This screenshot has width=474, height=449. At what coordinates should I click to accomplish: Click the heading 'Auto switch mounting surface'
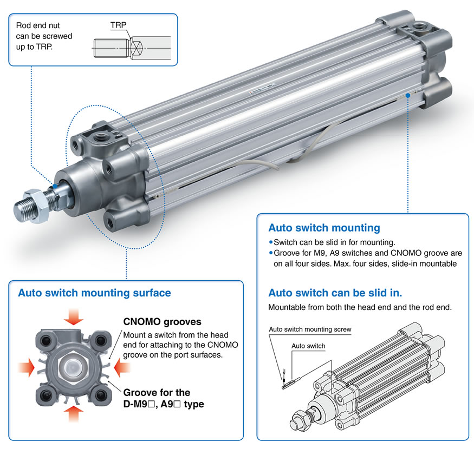coord(94,293)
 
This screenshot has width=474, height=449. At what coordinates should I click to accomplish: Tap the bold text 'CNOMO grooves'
coord(163,322)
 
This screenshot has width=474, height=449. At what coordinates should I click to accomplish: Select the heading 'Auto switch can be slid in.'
coord(335,293)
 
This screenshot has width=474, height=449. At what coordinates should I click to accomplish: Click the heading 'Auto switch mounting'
coord(324,228)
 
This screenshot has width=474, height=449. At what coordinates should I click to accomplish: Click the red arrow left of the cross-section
coord(25,367)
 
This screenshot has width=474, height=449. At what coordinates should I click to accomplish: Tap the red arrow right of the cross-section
coord(122,367)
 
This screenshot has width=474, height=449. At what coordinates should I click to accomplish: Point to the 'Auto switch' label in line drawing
coord(308,346)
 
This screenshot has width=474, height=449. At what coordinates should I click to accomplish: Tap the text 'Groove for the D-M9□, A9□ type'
coord(164,398)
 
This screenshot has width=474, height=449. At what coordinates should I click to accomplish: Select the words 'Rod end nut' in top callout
coord(37,25)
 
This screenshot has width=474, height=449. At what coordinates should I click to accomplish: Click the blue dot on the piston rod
coord(55,186)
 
